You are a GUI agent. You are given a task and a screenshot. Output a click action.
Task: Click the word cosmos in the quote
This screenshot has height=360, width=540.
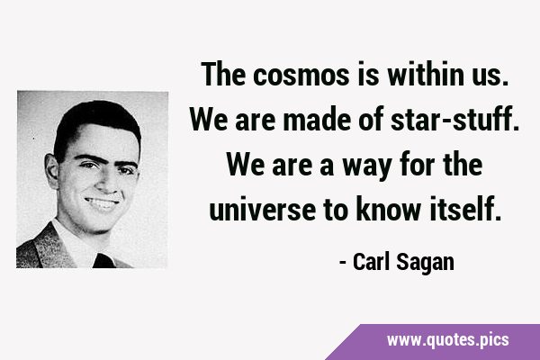301,75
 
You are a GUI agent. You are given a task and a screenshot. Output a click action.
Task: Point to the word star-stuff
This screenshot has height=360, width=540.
454,119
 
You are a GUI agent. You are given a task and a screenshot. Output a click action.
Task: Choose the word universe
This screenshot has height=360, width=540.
263,209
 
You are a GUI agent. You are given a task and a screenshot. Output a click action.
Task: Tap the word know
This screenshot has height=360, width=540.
388,209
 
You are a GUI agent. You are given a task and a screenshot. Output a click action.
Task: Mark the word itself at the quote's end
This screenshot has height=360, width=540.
465,209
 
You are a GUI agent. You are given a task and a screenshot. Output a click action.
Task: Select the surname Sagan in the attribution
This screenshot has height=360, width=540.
426,263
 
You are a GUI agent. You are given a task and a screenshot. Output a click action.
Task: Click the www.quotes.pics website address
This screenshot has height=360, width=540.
447,340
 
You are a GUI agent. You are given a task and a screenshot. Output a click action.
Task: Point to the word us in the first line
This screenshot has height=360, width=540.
490,76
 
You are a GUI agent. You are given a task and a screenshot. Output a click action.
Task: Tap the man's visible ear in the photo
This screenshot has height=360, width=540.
51,171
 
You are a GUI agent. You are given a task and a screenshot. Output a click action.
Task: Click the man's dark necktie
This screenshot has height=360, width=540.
104,261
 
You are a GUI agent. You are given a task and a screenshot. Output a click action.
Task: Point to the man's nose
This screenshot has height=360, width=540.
108,182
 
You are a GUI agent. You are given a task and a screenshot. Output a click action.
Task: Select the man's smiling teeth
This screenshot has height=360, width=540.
102,203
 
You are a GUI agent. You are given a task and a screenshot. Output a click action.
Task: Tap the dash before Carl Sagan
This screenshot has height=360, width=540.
343,264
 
